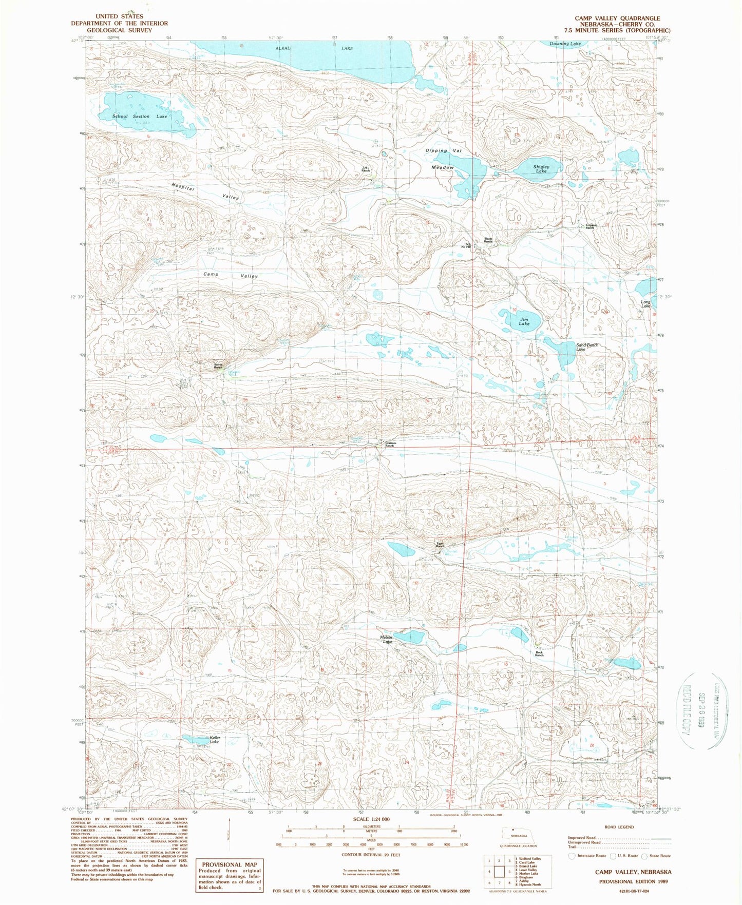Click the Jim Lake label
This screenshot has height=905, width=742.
(x=524, y=321)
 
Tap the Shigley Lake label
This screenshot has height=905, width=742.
(x=541, y=168)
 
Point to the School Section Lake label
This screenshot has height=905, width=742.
(x=140, y=117)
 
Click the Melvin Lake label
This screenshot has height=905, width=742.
(x=386, y=640)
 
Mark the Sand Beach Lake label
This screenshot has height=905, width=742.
(x=587, y=347)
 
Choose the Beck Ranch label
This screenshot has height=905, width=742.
(x=539, y=653)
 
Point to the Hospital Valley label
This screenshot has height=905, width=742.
(x=205, y=192)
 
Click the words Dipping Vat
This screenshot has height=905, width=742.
(x=444, y=151)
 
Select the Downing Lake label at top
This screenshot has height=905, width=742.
(x=565, y=44)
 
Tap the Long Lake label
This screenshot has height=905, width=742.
(x=645, y=304)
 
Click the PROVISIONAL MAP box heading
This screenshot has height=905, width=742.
(x=230, y=864)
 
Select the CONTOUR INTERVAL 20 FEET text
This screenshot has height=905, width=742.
(x=371, y=855)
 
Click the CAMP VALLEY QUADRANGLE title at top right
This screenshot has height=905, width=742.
(x=617, y=18)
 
